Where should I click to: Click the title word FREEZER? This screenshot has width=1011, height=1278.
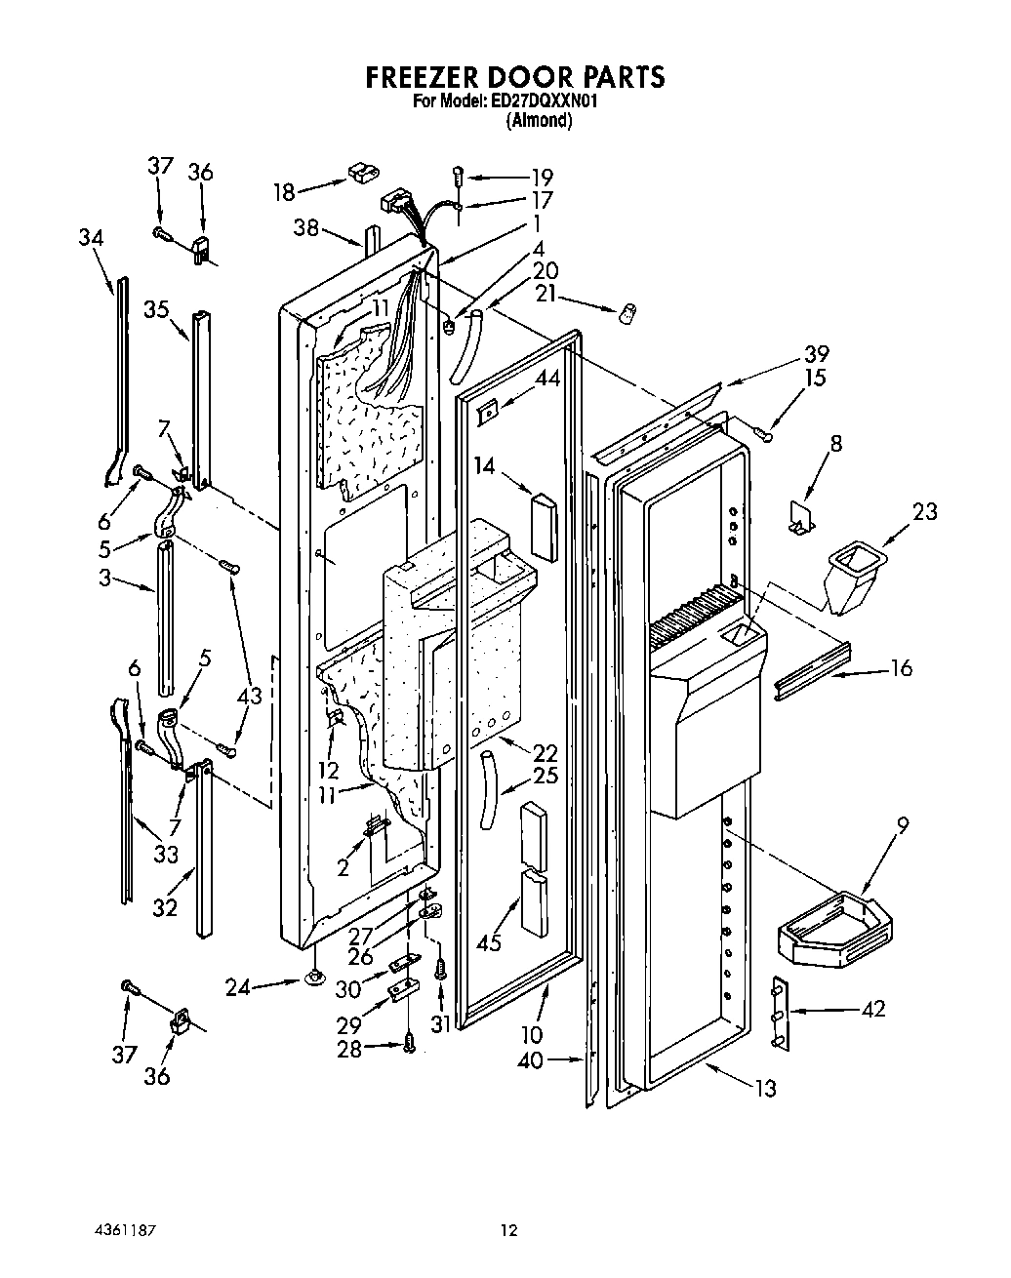coord(430,77)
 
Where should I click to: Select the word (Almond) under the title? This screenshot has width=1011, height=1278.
coord(538,121)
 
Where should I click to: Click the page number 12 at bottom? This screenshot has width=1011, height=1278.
coord(506,1230)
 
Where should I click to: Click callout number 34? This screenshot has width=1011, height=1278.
coord(92,238)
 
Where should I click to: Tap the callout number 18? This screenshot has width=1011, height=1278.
coord(284,191)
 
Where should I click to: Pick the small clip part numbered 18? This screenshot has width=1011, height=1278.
coord(360,173)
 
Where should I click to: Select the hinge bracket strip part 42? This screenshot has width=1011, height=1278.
coord(780,1015)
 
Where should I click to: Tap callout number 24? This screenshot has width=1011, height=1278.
coord(239,988)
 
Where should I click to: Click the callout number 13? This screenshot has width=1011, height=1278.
coord(765,1088)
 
